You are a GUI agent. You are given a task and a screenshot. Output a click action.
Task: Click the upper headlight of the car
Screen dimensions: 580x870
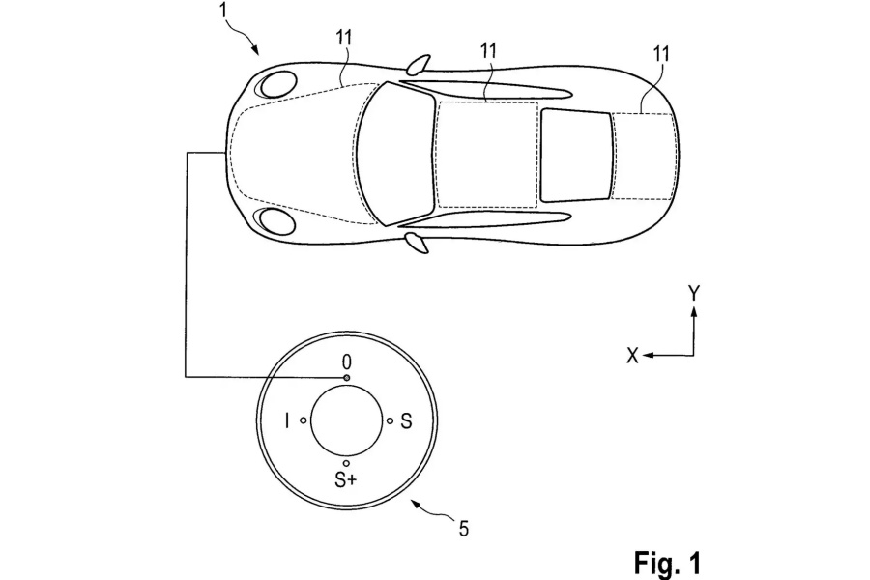[276, 83]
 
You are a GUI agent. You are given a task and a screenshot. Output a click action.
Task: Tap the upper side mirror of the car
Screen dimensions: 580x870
[417, 66]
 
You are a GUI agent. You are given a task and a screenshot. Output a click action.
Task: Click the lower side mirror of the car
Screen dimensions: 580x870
[417, 241]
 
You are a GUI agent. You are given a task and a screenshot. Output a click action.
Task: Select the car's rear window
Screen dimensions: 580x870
[577, 153]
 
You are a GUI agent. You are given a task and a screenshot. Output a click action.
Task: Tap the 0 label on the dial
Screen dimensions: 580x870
[346, 362]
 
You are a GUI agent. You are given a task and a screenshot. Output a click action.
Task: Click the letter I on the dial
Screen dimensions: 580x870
[287, 420]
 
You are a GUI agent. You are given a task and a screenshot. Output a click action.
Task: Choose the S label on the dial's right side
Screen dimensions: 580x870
[406, 420]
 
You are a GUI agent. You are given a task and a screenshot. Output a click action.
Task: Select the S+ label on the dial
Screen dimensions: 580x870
[346, 480]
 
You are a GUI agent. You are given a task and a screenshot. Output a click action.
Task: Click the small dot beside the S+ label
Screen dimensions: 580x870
[346, 464]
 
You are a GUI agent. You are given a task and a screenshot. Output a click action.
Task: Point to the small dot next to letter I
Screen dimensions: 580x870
[304, 420]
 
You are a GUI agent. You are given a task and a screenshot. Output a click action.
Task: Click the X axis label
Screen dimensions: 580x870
[632, 356]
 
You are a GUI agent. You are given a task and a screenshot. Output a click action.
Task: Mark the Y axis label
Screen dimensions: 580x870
[694, 291]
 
